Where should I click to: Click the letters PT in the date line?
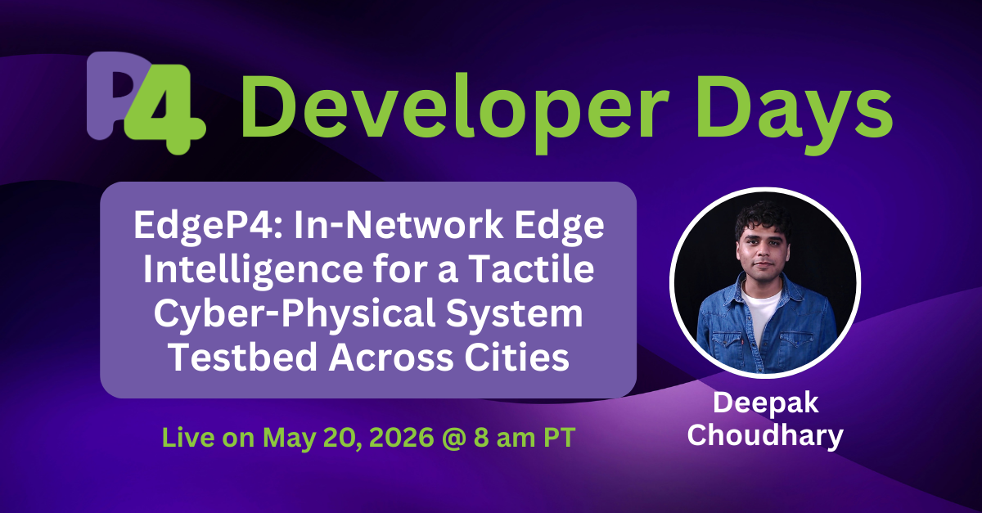(556, 437)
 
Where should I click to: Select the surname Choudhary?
(764, 434)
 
